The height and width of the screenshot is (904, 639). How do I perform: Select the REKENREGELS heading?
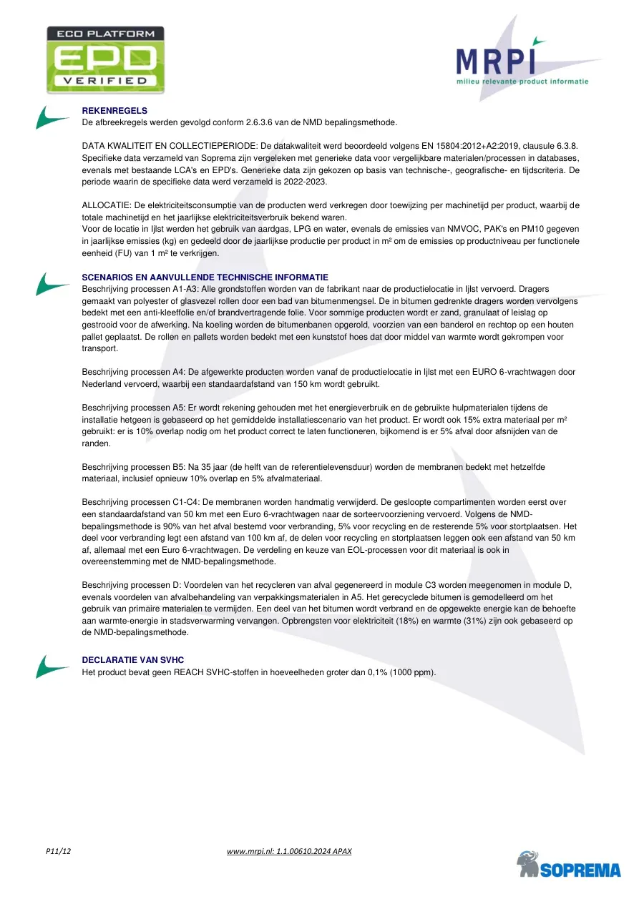(x=114, y=111)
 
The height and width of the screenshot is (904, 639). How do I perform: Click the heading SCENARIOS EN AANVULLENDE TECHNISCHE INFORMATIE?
(x=205, y=277)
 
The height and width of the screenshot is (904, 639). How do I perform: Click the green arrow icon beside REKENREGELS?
(x=52, y=117)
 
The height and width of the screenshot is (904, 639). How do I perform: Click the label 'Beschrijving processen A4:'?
(x=135, y=372)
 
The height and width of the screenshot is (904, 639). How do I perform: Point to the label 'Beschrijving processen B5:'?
(x=135, y=467)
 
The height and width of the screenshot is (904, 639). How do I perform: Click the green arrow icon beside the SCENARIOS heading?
(x=52, y=284)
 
